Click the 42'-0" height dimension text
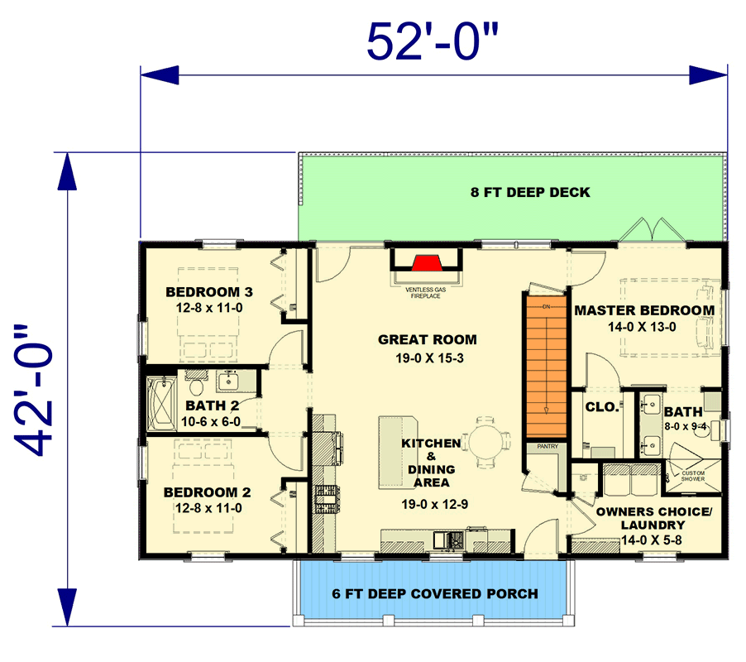[x=39, y=390]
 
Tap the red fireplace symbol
[x=426, y=264]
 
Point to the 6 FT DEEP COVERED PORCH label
[x=435, y=593]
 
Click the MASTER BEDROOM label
[x=644, y=310]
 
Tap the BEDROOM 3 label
[x=208, y=292]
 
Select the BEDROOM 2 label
[x=208, y=492]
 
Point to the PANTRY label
[x=547, y=447]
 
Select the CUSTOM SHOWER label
[x=692, y=476]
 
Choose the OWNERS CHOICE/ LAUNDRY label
[x=653, y=518]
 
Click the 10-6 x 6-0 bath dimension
[x=213, y=421]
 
